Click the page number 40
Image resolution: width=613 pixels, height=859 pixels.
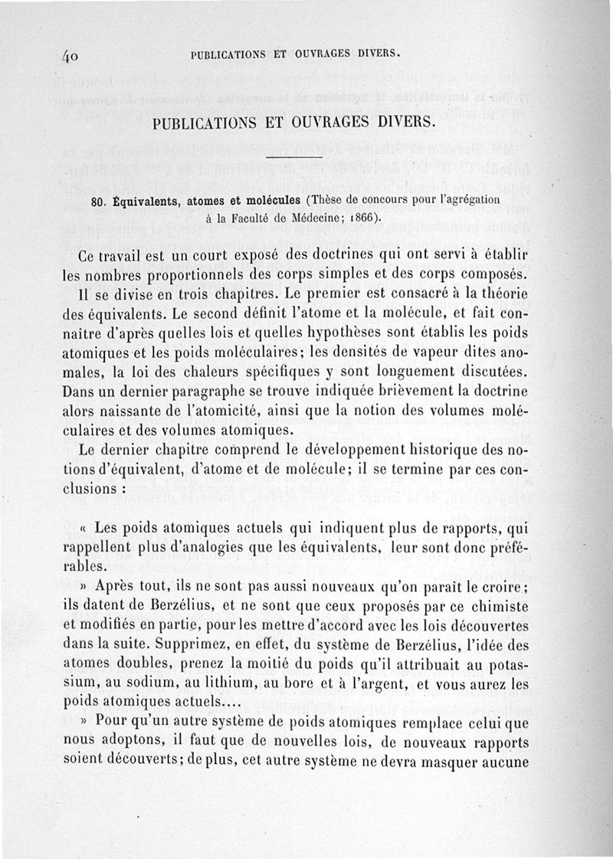tap(74, 56)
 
